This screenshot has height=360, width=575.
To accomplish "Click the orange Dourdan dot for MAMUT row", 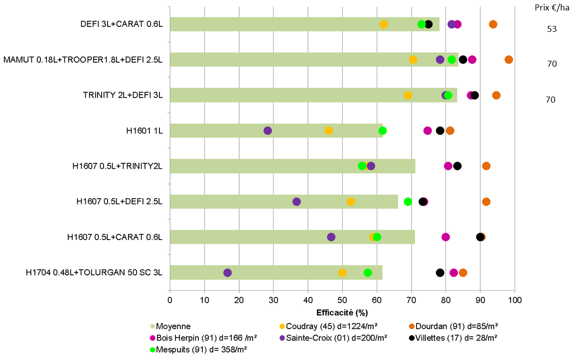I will pyautogui.click(x=509, y=60).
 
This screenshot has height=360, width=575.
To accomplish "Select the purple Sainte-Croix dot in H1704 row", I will pyautogui.click(x=228, y=273).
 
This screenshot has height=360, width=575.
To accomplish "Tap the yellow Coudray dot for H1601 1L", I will pyautogui.click(x=329, y=130).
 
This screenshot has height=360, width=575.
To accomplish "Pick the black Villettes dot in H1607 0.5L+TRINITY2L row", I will pyautogui.click(x=457, y=166).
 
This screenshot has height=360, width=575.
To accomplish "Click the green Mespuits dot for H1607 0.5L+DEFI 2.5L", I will pyautogui.click(x=408, y=202).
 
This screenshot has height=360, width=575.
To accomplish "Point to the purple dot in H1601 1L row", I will pyautogui.click(x=268, y=130).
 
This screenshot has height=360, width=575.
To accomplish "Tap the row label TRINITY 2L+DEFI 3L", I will pyautogui.click(x=123, y=95).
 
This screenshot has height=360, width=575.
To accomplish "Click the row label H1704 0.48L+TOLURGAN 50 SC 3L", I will pyautogui.click(x=94, y=272).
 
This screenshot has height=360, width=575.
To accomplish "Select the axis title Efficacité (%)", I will pyautogui.click(x=342, y=313).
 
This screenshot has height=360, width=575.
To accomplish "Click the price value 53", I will pyautogui.click(x=552, y=29).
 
